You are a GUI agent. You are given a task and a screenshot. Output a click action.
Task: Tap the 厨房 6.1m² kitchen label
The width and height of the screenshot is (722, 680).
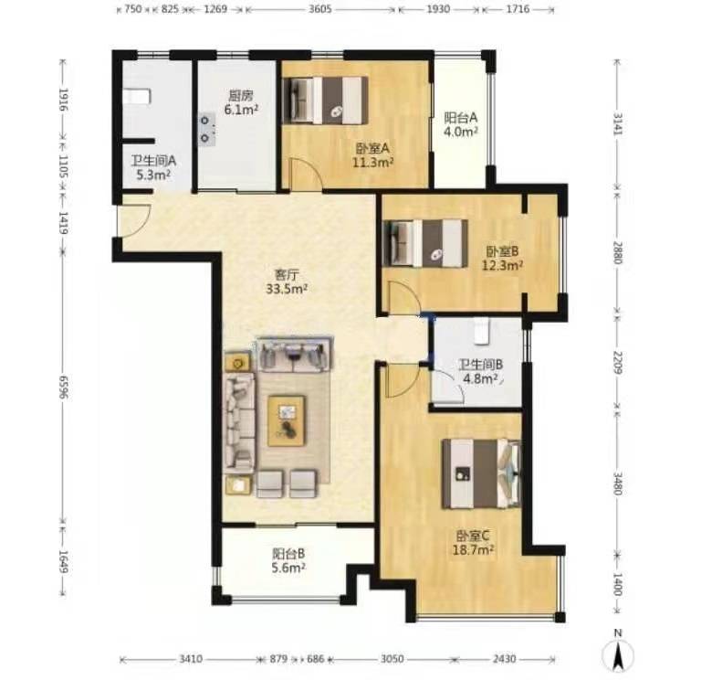click(x=240, y=102)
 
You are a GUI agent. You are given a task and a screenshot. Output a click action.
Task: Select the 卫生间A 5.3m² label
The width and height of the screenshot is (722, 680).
click(x=153, y=168)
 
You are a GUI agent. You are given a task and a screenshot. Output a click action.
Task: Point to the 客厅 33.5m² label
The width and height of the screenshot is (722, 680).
click(x=287, y=282)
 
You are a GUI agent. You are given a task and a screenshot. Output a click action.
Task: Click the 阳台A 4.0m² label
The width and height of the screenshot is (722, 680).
click(x=460, y=124)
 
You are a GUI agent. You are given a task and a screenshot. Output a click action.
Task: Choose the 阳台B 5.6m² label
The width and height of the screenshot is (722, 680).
click(x=288, y=560)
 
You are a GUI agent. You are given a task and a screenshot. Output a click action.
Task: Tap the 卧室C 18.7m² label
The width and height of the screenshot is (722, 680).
click(x=475, y=543)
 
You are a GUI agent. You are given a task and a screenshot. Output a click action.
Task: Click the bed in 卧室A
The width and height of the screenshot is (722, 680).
click(x=325, y=100)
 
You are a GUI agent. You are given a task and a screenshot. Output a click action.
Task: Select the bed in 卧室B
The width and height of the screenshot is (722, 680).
click(x=425, y=243)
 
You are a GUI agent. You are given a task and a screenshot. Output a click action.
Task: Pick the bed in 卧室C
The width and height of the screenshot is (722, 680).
click(x=481, y=473)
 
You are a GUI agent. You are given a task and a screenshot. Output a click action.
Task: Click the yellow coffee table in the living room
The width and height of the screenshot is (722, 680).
click(x=287, y=420)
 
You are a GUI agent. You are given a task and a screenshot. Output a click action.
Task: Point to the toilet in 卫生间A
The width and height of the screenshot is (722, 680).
click(x=137, y=97)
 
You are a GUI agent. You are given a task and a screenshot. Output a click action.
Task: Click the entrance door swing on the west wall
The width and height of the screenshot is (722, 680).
click(x=134, y=221)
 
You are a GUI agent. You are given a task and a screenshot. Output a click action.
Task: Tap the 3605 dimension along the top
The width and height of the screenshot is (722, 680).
click(x=320, y=9)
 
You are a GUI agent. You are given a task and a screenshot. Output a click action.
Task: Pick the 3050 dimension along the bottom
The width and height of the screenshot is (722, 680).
click(x=392, y=659)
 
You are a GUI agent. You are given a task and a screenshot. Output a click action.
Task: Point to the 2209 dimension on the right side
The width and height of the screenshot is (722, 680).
click(x=617, y=362)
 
